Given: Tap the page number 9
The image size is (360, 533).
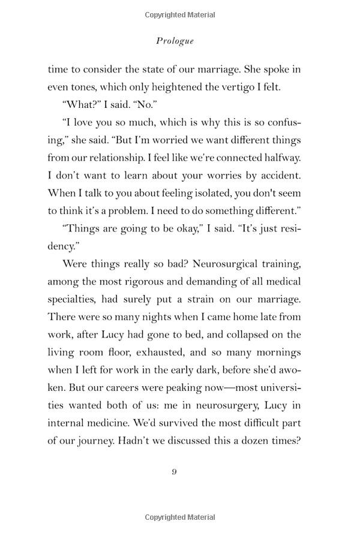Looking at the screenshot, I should click(174, 471).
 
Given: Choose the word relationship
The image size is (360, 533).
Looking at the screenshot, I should click(115, 158).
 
